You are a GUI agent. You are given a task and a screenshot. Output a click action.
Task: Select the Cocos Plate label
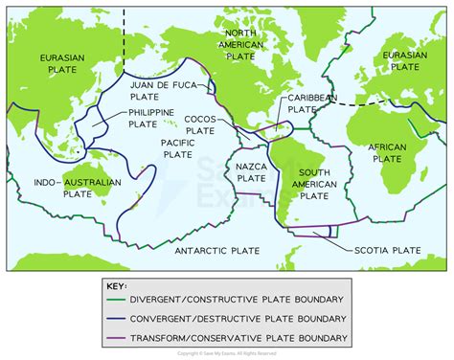(200, 125)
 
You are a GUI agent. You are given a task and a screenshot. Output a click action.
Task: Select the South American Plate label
(313, 183)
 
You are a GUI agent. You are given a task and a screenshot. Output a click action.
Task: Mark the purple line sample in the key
(121, 337)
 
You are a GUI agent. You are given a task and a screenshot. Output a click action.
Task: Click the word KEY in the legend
(120, 285)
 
